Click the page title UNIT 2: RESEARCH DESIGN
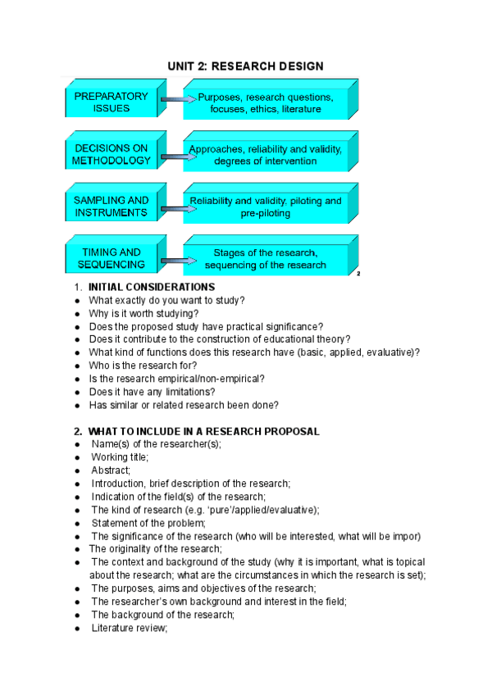pyautogui.click(x=246, y=66)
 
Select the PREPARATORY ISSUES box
pyautogui.click(x=111, y=102)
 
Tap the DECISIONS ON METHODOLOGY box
pyautogui.click(x=111, y=154)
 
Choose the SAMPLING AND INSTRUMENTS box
pyautogui.click(x=111, y=206)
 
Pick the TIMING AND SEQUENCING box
pyautogui.click(x=111, y=258)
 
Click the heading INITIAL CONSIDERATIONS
pyautogui.click(x=152, y=288)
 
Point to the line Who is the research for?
pyautogui.click(x=139, y=366)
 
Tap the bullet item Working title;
pyautogui.click(x=120, y=457)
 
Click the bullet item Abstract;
pyautogui.click(x=111, y=470)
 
